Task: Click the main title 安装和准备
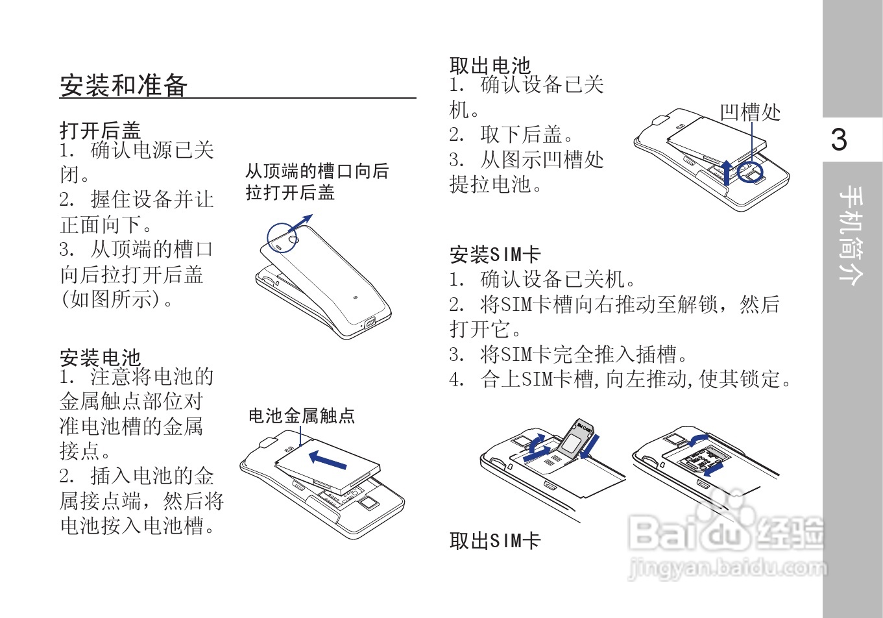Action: click(x=124, y=85)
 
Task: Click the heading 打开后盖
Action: click(x=100, y=130)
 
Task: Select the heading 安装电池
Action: click(x=100, y=357)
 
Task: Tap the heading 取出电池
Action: click(x=490, y=65)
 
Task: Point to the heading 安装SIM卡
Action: click(x=495, y=254)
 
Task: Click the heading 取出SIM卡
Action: click(x=495, y=541)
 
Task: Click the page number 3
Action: click(x=839, y=140)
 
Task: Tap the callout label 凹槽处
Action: click(x=750, y=112)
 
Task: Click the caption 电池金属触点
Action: click(x=302, y=415)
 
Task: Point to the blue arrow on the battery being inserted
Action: click(x=328, y=460)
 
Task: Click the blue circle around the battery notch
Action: click(x=750, y=173)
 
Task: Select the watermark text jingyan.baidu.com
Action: click(x=728, y=569)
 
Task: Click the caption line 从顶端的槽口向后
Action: click(x=317, y=171)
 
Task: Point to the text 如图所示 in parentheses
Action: click(x=110, y=299)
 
